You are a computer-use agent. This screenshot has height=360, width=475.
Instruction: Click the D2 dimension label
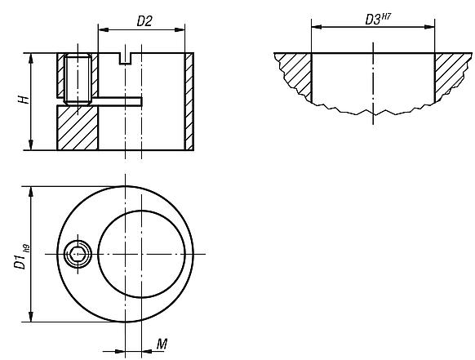click(144, 21)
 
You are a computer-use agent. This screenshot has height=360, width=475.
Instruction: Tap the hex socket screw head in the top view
click(78, 255)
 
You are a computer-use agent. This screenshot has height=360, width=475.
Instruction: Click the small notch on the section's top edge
click(125, 58)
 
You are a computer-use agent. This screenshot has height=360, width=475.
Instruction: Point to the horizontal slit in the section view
click(118, 102)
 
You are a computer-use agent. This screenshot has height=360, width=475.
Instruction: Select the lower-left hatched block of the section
click(78, 128)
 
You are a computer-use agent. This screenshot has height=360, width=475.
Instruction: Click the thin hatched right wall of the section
click(189, 102)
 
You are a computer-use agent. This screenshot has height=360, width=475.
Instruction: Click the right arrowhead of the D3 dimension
click(429, 27)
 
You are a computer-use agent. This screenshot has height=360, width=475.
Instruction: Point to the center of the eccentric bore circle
click(144, 254)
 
